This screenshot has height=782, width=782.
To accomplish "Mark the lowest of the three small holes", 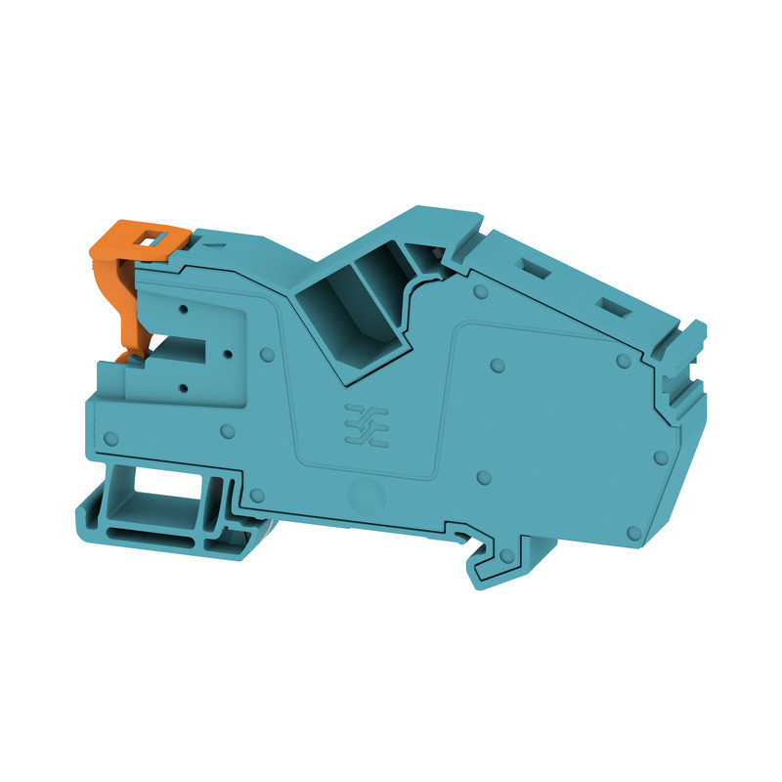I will pyautogui.click(x=184, y=389).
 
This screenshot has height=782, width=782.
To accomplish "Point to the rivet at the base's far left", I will pyautogui.click(x=110, y=437).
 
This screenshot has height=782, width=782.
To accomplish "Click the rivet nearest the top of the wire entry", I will pyautogui.click(x=478, y=292).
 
